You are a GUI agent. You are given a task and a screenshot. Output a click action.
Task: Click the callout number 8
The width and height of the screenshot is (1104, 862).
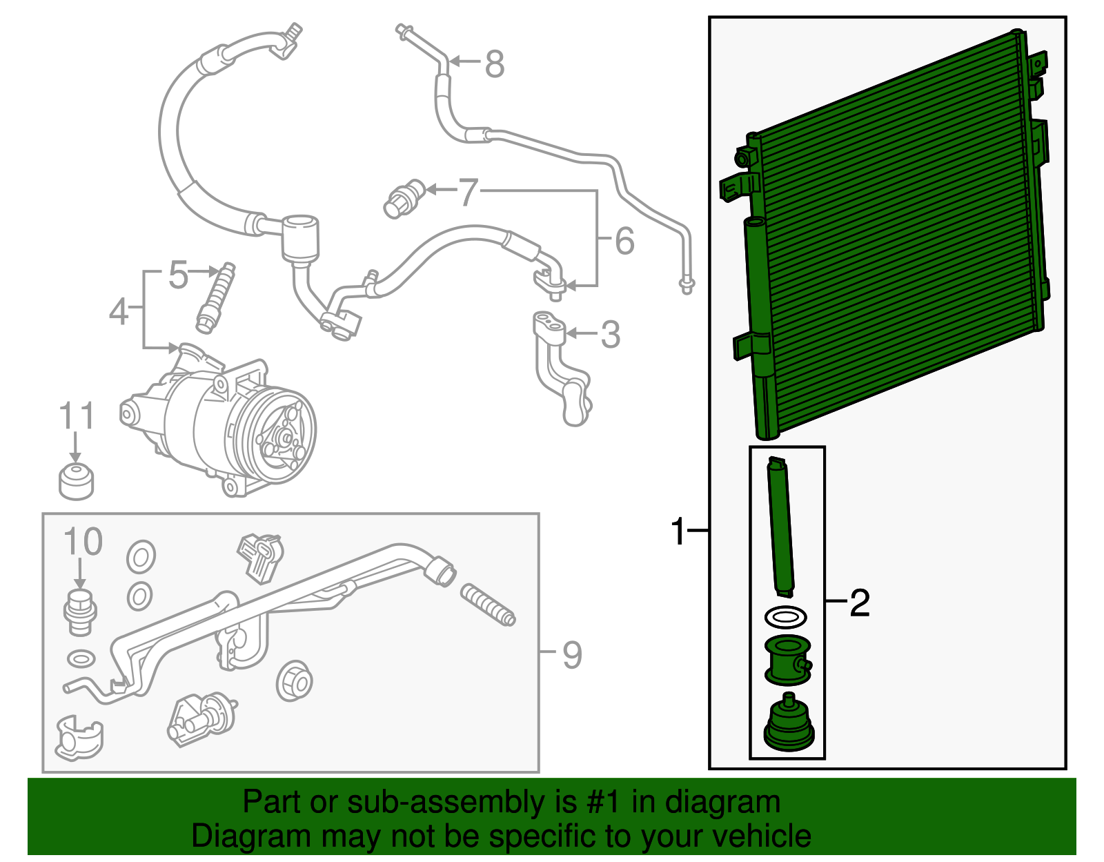click(x=494, y=64)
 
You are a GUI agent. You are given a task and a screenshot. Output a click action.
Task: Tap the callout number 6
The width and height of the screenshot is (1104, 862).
click(x=624, y=240)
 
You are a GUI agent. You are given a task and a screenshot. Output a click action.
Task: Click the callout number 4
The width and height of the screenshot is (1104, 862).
click(x=119, y=311)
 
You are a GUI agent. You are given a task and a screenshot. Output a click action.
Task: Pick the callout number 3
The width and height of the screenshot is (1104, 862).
click(x=610, y=334)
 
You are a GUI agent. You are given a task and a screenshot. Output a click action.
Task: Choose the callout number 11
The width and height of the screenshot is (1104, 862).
click(x=77, y=415)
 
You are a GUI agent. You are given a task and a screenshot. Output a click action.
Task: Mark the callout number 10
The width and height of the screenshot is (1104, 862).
click(x=83, y=542)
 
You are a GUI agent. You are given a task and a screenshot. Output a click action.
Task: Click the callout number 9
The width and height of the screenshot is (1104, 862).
click(x=571, y=655)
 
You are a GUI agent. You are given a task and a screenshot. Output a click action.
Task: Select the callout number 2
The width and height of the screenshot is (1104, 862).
click(x=860, y=603)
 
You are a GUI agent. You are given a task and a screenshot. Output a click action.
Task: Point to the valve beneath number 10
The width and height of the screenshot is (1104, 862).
click(x=80, y=611)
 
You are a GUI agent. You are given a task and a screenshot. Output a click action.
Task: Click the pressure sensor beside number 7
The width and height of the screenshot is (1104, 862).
click(x=405, y=199)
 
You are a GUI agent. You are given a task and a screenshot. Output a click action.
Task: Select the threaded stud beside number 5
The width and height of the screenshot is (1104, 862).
click(x=216, y=297)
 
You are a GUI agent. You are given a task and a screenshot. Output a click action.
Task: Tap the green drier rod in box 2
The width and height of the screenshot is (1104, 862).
click(x=780, y=527)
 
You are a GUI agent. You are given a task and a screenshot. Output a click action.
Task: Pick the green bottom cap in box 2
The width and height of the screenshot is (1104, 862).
click(x=789, y=722)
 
